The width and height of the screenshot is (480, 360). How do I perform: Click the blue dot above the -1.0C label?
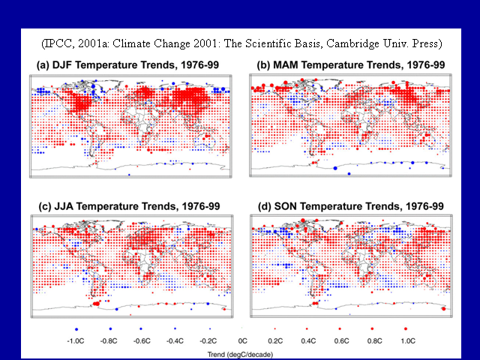[76, 328]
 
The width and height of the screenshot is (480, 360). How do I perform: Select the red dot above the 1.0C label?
[406, 328]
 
